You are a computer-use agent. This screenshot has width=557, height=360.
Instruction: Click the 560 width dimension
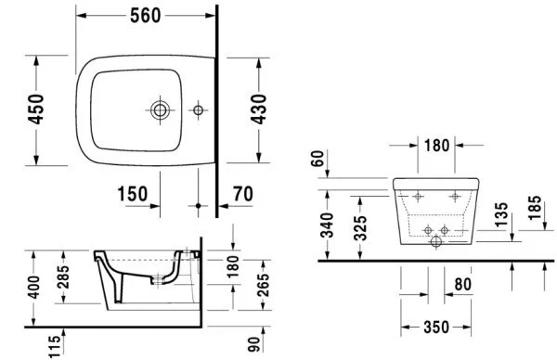(x=146, y=16)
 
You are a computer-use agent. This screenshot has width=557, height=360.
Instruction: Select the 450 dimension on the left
(x=36, y=109)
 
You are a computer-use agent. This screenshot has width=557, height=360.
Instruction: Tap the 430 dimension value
(x=259, y=109)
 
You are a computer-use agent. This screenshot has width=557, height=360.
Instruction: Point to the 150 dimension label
(x=133, y=194)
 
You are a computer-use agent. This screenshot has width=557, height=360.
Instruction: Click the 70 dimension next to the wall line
(x=243, y=194)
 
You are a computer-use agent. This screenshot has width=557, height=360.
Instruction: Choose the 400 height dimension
(x=35, y=287)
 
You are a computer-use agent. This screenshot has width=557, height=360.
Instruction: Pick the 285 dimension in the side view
(x=64, y=276)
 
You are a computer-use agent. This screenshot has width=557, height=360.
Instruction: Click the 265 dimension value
(x=264, y=285)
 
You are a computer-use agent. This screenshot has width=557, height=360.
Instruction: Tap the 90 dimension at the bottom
(x=253, y=344)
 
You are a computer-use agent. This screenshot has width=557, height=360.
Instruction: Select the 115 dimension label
(x=55, y=347)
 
